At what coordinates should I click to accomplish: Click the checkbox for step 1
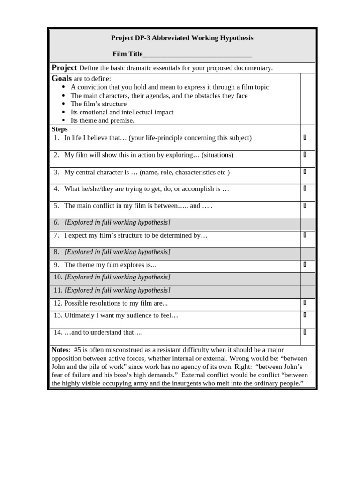point(305,137)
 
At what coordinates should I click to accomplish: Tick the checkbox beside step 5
point(305,205)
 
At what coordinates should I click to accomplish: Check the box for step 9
point(305,264)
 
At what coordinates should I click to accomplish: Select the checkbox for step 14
point(305,332)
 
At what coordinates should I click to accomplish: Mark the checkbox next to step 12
point(305,302)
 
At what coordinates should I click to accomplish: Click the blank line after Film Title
point(197,54)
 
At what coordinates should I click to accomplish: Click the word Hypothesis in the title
point(234,38)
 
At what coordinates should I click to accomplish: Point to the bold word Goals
point(61,78)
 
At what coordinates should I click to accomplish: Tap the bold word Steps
point(60,129)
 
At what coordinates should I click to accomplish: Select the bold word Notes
point(60,350)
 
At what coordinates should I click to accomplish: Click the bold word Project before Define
point(64,67)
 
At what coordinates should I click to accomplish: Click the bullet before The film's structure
point(64,104)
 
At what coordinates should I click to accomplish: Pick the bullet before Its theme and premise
point(64,120)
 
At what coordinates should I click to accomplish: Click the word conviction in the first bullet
point(92,87)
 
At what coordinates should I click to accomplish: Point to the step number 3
point(56,172)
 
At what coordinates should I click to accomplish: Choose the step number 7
point(56,235)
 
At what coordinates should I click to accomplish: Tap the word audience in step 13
point(145,315)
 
